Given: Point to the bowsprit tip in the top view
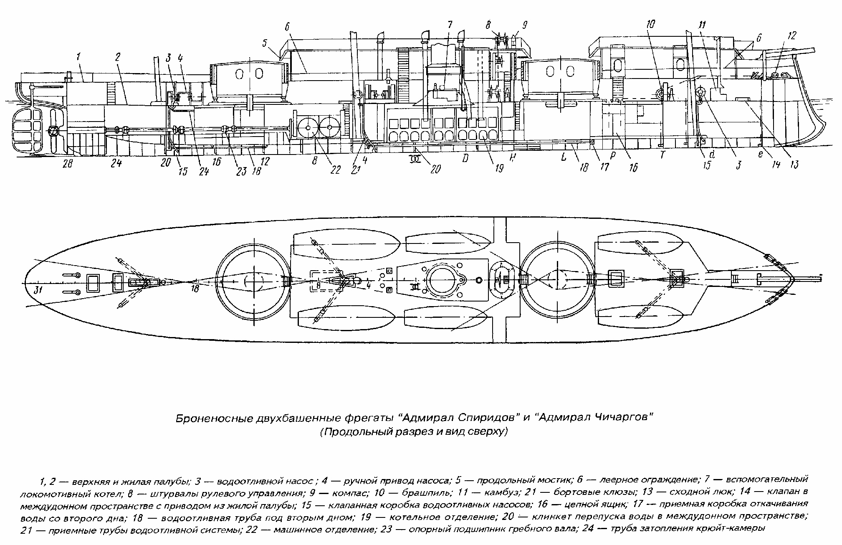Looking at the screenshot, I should [820, 277].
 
